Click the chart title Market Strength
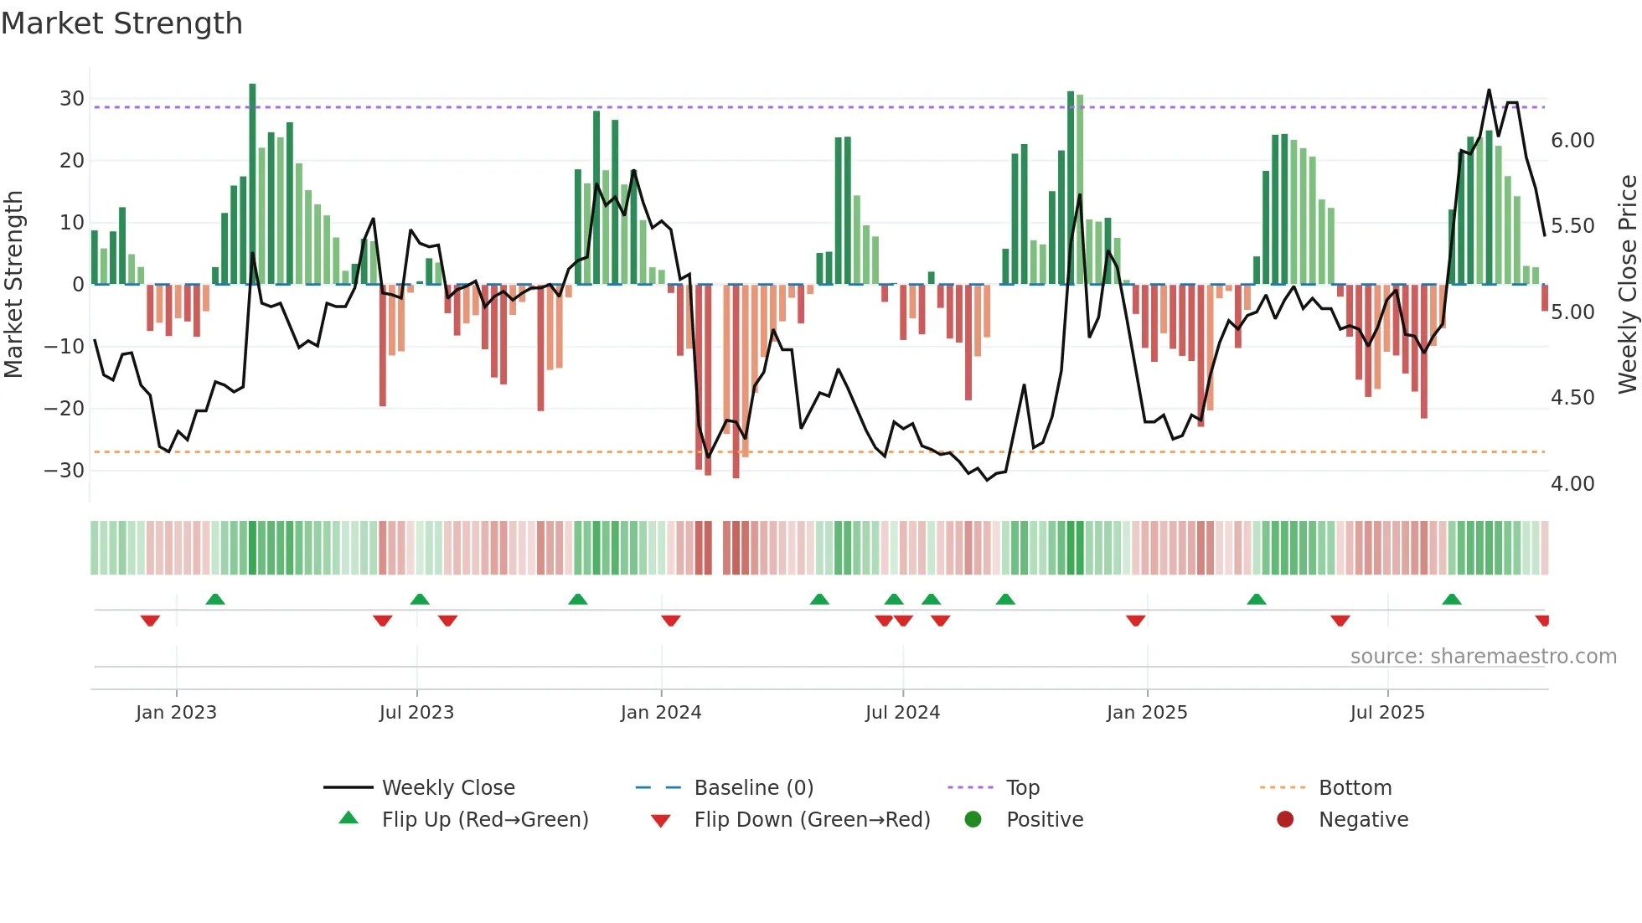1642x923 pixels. click(x=121, y=23)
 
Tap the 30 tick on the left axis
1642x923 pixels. click(x=72, y=99)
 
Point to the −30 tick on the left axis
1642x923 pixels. click(x=65, y=471)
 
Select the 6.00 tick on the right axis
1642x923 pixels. click(x=1572, y=141)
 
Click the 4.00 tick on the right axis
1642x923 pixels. click(x=1572, y=484)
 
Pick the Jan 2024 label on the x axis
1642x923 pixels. click(x=661, y=713)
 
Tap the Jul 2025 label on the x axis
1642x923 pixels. click(x=1387, y=713)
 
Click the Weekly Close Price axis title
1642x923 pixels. click(x=1627, y=285)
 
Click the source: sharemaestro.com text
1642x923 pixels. click(x=1483, y=657)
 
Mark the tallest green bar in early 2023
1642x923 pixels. click(x=252, y=184)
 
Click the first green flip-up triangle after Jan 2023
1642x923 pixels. click(x=215, y=599)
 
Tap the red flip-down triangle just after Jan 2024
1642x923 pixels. click(x=671, y=621)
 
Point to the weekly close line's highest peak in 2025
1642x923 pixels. click(x=1489, y=90)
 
